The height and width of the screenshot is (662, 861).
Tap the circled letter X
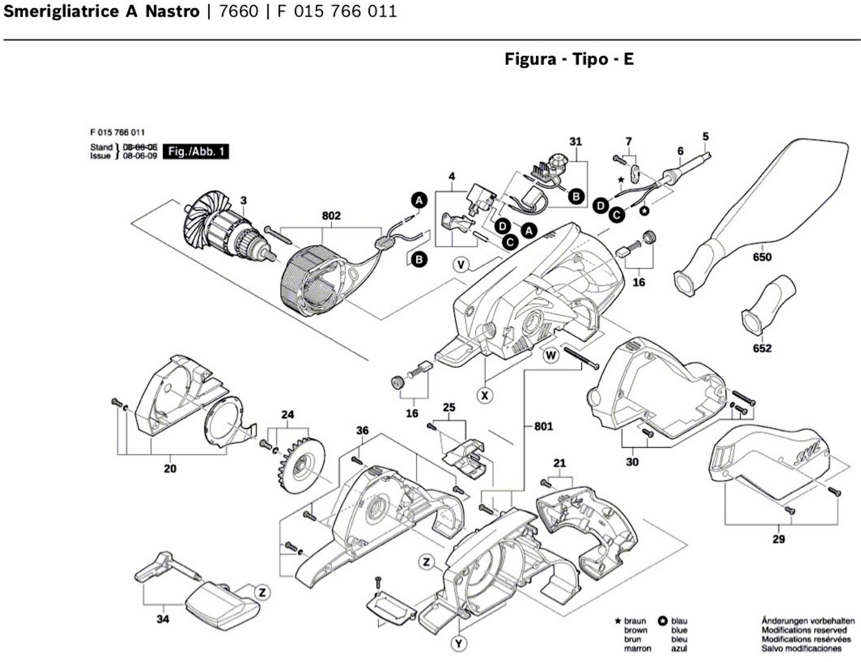(x=485, y=395)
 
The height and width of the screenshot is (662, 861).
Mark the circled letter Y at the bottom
(x=459, y=644)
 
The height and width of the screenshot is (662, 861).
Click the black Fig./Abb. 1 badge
(x=196, y=151)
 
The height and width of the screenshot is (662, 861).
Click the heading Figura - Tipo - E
(x=569, y=59)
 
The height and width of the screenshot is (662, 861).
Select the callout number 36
(x=362, y=431)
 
